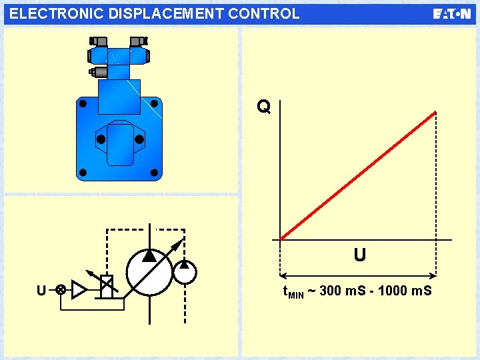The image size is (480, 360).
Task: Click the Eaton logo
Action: pos(451,14)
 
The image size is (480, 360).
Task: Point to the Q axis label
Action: pos(264,107)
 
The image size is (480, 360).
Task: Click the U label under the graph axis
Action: pos(359,255)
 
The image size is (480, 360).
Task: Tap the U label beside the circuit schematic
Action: pos(41,291)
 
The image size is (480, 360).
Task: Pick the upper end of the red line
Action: pos(435,113)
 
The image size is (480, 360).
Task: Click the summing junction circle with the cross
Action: pos(60,290)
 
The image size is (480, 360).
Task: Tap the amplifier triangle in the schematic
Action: pos(79,289)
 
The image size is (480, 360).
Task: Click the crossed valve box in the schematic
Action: pos(106,286)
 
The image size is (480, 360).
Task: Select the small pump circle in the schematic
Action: pos(185,271)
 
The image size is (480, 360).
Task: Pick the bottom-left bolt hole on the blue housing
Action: pos(83,173)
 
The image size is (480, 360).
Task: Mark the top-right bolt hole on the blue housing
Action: pos(155,104)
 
